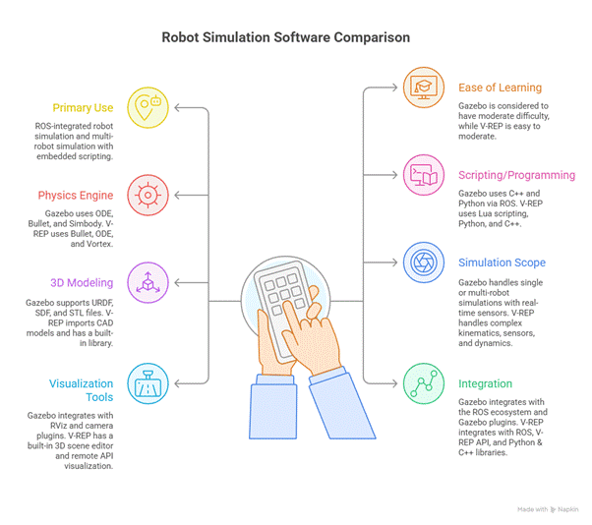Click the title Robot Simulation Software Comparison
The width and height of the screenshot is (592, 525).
tap(286, 37)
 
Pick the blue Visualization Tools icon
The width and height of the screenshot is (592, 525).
tap(147, 380)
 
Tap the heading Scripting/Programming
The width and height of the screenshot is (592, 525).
tap(516, 175)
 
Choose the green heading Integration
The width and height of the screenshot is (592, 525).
tap(485, 383)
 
